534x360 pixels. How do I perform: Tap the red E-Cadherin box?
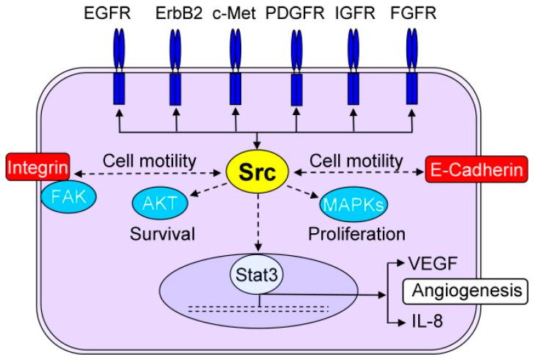point(476,171)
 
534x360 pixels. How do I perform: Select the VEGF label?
point(424,262)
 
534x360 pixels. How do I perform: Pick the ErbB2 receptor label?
point(176,13)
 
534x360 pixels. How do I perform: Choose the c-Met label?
point(235,13)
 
